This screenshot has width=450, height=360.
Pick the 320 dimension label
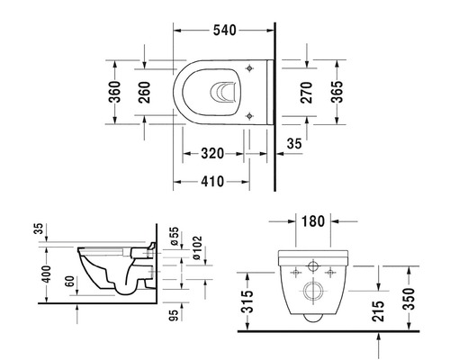pos(211,153)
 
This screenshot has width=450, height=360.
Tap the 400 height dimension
pos(37,273)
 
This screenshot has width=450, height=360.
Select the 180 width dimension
pos(313,220)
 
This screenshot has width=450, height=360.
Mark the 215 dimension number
pos(380,310)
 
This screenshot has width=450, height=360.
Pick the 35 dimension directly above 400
pos(37,229)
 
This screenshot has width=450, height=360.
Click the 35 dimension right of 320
pos(294,143)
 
